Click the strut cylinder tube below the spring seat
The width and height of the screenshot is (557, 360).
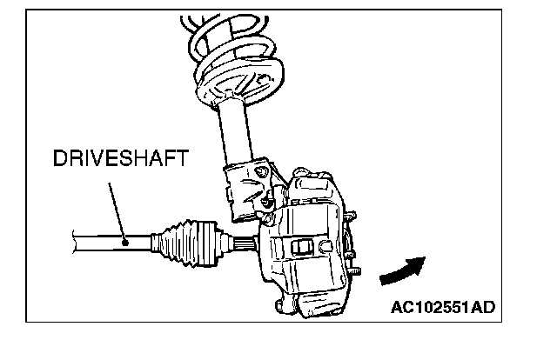click(x=243, y=130)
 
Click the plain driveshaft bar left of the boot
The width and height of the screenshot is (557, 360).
click(x=96, y=242)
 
